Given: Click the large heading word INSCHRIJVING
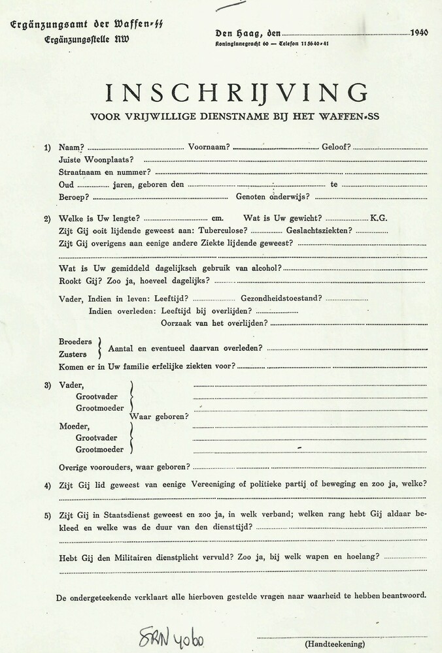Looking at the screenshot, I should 237,93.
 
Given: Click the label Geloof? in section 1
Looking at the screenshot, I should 336,148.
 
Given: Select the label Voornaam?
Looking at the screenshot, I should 209,148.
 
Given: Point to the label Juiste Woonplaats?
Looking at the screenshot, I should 97,160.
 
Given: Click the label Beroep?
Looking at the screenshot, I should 74,197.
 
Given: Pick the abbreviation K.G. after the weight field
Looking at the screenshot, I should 379,218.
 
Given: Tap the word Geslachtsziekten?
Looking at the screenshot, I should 319,231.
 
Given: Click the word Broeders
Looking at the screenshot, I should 76,342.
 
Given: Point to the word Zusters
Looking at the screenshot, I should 73,355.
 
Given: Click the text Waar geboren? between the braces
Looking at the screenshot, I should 159,417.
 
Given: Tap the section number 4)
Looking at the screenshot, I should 48,485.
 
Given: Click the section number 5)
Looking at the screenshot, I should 48,516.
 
